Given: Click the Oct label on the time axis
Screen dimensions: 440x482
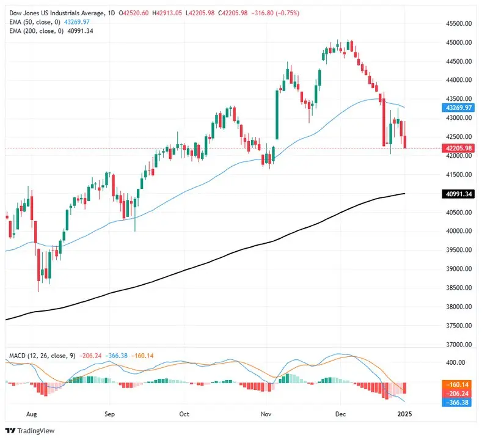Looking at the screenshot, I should coord(184,413).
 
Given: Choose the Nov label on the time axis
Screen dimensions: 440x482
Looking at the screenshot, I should coord(266,413).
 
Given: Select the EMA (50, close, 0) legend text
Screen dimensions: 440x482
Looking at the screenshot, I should coord(34,21).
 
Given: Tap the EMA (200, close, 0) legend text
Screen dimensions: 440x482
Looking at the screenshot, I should coord(35,30).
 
